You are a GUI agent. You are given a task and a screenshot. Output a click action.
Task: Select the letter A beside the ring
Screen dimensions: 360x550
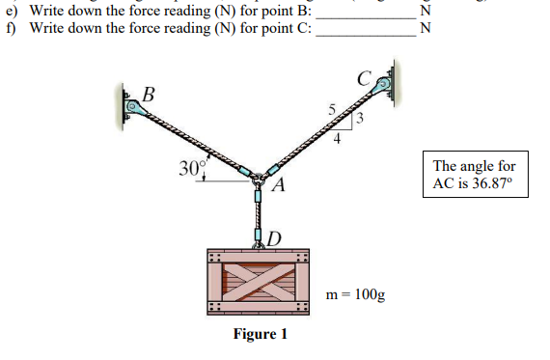[x=277, y=185]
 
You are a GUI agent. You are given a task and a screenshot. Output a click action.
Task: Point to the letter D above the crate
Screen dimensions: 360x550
[x=274, y=237]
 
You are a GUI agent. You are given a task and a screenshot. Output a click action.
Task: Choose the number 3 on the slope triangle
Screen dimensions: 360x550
[x=358, y=120]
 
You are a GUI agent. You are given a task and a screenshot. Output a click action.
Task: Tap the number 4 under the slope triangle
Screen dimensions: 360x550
[x=337, y=138]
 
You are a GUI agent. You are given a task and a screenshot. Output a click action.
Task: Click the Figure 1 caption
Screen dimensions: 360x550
[x=261, y=335]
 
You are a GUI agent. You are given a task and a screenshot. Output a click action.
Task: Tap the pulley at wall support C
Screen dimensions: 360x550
[x=383, y=85]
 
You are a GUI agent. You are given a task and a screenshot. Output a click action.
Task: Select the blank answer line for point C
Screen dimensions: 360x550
[x=366, y=30]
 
